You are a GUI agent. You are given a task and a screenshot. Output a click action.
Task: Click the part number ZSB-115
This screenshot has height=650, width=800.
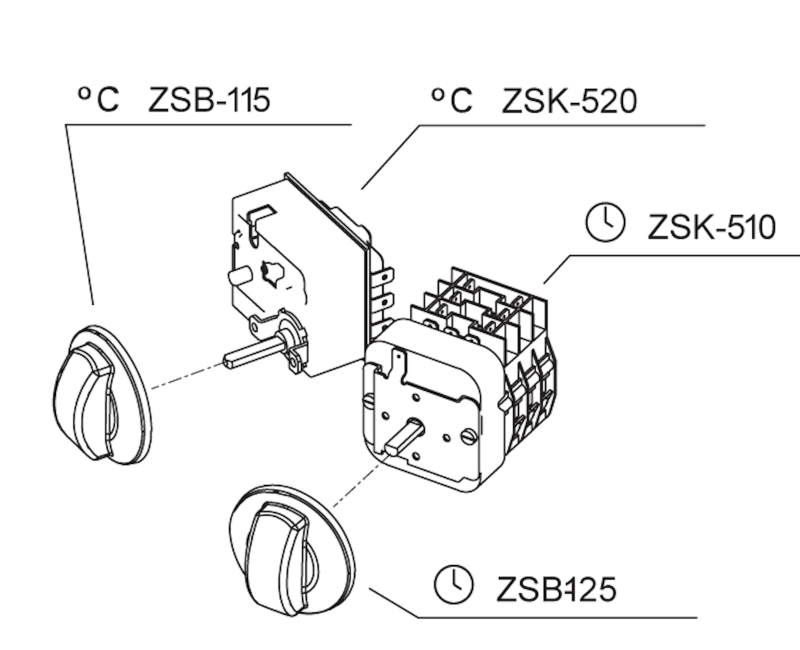tap(209, 99)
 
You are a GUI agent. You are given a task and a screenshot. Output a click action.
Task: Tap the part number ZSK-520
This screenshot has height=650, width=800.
tap(569, 101)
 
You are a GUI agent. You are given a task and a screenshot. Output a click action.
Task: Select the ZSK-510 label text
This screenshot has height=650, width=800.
tap(711, 227)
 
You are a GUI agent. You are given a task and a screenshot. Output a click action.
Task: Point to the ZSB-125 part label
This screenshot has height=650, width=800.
tap(555, 589)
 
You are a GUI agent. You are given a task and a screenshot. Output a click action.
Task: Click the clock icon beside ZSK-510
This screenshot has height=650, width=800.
tap(605, 222)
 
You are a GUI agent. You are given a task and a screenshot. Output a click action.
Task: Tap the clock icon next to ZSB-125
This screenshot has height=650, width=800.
tap(453, 584)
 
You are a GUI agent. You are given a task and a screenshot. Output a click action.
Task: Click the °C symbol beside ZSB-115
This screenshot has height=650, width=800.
tap(98, 98)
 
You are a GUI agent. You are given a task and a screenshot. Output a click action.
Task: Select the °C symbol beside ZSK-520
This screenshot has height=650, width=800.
tap(451, 99)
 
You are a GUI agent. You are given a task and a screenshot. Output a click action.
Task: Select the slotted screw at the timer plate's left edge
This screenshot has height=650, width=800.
tap(369, 400)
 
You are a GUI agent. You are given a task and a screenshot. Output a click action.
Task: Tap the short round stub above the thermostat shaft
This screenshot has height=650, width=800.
tap(238, 276)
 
